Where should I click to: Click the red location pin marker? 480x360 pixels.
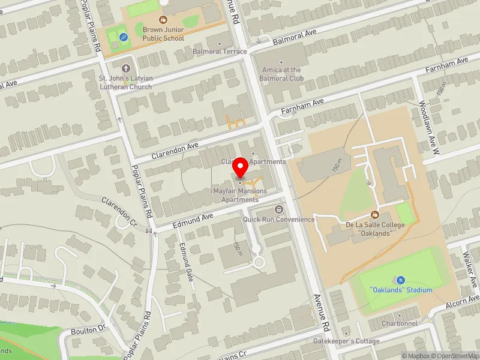point(240,169)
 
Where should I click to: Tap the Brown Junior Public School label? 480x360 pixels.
point(163,34)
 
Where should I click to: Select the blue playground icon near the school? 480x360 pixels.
point(124,37)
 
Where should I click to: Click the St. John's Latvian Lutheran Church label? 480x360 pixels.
point(125,82)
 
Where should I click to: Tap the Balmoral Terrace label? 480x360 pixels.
point(220,52)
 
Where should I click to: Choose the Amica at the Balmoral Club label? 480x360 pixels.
point(281,74)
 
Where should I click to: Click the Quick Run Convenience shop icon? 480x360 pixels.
point(279,209)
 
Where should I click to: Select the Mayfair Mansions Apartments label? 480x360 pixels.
point(240,195)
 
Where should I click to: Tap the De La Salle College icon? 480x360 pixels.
point(375,214)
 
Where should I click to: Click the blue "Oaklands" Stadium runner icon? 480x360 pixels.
point(400,280)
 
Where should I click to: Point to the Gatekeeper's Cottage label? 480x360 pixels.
point(346,341)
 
